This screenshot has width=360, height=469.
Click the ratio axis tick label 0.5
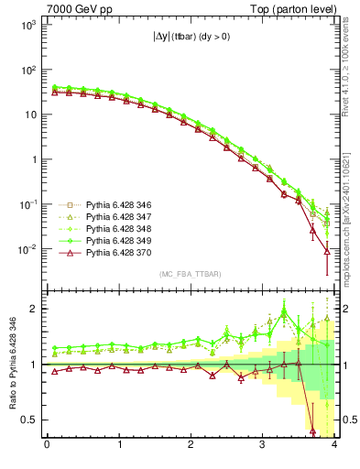(x=29, y=420)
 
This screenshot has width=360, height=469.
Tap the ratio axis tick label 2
(x=34, y=309)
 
